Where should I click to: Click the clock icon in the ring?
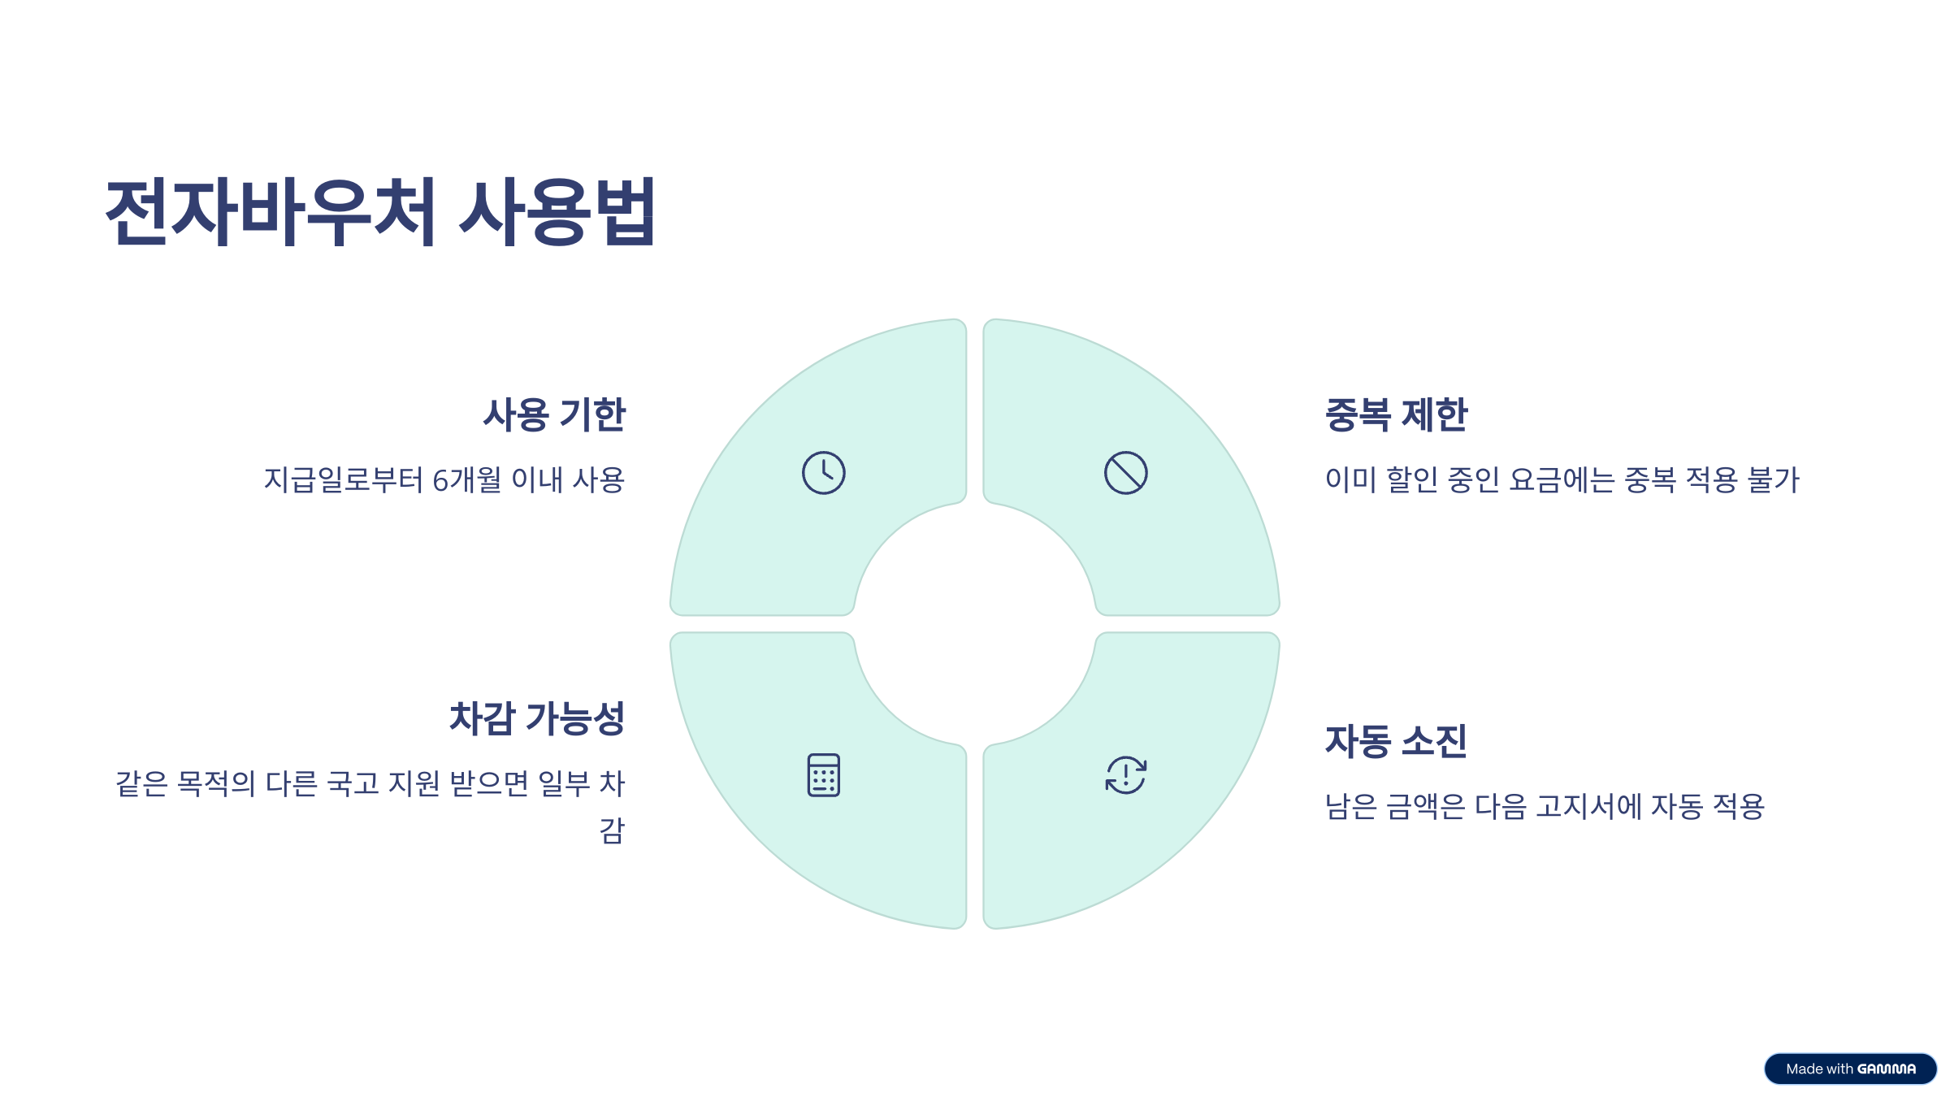[823, 473]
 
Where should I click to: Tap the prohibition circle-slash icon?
[1125, 473]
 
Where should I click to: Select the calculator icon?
[823, 775]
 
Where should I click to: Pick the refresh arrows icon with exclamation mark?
[1125, 775]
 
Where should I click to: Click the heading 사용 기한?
[554, 414]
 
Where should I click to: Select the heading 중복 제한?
[1396, 414]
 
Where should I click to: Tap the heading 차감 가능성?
[537, 718]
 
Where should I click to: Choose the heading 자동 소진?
[1396, 741]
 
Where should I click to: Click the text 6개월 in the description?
[466, 480]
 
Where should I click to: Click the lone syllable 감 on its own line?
[612, 830]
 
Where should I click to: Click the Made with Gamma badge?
[1850, 1069]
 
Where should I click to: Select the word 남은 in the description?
[1350, 807]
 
